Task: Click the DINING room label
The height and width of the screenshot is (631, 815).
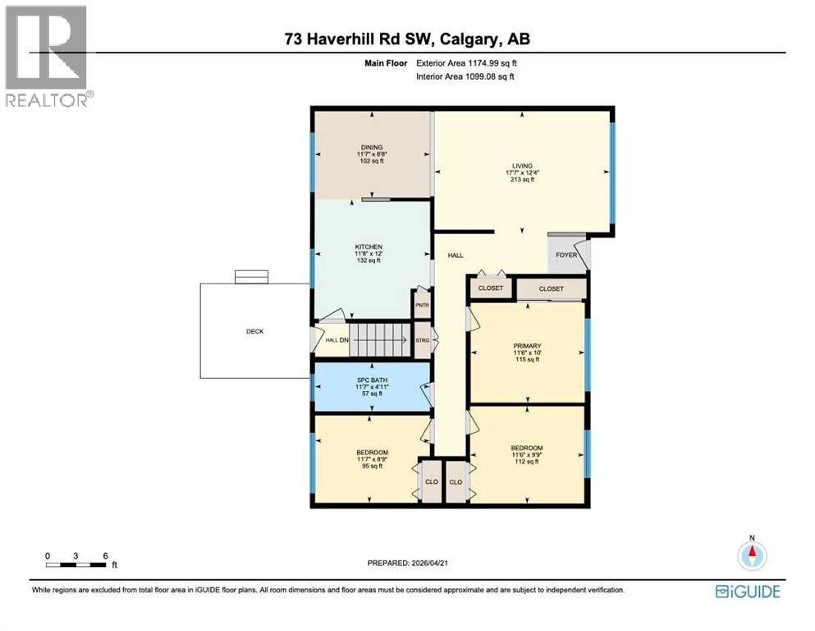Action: tap(372, 147)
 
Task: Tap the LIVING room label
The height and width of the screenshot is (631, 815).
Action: tap(522, 166)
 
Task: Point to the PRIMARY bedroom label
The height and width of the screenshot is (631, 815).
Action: tap(527, 346)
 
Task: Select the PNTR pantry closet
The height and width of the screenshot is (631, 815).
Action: tap(423, 305)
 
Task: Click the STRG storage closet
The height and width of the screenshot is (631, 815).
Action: tap(423, 339)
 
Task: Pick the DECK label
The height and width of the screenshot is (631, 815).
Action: tap(255, 332)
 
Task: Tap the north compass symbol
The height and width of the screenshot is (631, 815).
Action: tap(751, 555)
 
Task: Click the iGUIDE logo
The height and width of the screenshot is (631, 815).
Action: tap(747, 592)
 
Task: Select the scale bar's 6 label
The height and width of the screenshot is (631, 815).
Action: tap(105, 555)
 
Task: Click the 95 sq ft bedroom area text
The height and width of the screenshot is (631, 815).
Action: tap(372, 466)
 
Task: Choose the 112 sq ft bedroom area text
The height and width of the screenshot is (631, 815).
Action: tap(527, 461)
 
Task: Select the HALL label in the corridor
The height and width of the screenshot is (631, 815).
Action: tap(456, 256)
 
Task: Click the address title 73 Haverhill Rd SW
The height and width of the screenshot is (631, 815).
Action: tap(407, 39)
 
